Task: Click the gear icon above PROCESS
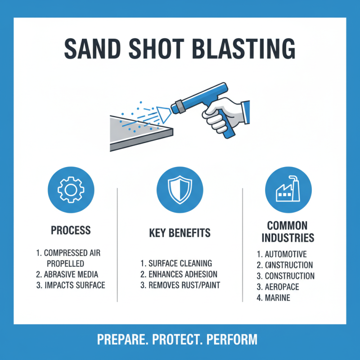[71, 190]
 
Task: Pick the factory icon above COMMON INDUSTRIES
[288, 190]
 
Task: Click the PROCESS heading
[71, 230]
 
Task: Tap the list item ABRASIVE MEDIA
[71, 274]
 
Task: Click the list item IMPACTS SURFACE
[71, 285]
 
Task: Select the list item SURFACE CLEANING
[176, 263]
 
